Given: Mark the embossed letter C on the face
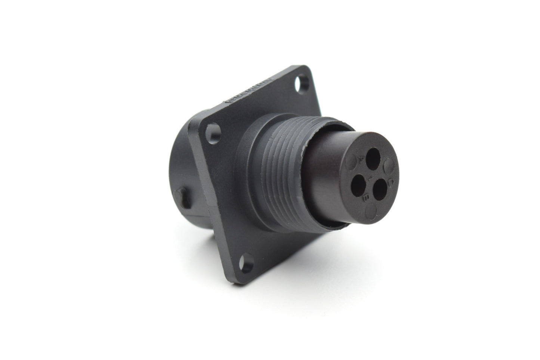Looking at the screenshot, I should [392, 182].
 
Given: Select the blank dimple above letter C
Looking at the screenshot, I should [389, 164].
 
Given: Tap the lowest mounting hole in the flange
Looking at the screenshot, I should [246, 263].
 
